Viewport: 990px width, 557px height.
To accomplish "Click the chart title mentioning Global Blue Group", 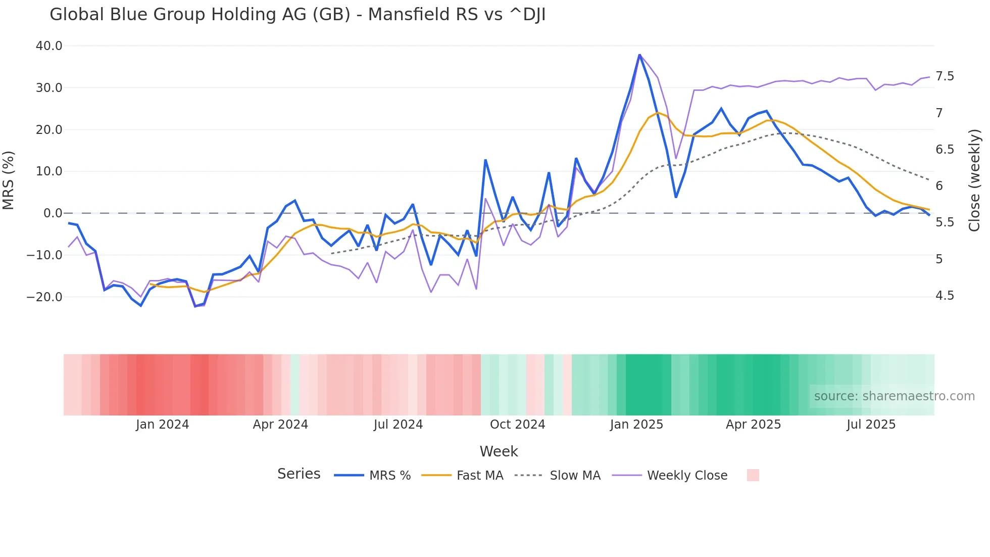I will (297, 15).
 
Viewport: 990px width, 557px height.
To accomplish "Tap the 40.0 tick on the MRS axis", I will (49, 46).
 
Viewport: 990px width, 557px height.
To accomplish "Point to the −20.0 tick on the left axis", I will (44, 297).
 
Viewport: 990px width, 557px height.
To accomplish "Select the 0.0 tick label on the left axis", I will (53, 213).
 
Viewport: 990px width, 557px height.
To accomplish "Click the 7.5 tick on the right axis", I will (945, 76).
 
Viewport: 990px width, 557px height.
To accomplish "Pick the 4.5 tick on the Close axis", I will (945, 296).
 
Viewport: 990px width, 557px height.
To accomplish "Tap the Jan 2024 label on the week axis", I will (162, 425).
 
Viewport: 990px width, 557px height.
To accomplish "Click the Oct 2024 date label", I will (517, 425).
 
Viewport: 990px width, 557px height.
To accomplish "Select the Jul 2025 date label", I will (871, 425).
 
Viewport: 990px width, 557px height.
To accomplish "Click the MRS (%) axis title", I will (9, 180).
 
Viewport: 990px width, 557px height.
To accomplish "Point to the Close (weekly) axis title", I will (974, 180).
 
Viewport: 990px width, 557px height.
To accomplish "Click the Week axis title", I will (499, 451).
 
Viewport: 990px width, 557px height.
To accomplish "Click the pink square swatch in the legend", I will (753, 475).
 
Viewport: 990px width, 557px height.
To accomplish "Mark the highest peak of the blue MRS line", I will (639, 55).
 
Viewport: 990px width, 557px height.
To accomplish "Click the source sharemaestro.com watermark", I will (894, 396).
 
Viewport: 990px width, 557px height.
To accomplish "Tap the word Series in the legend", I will (299, 474).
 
